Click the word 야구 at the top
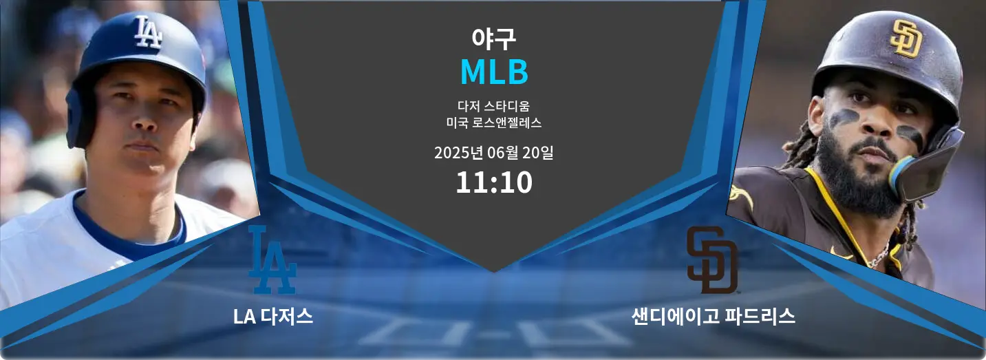click(493, 38)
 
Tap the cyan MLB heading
click(493, 72)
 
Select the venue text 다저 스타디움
click(493, 107)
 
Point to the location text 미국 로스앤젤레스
click(493, 124)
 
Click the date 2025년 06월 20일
click(493, 153)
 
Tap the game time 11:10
click(493, 182)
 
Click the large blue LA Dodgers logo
click(272, 260)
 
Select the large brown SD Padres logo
click(711, 260)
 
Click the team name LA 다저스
click(273, 317)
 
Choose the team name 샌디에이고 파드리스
click(714, 317)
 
